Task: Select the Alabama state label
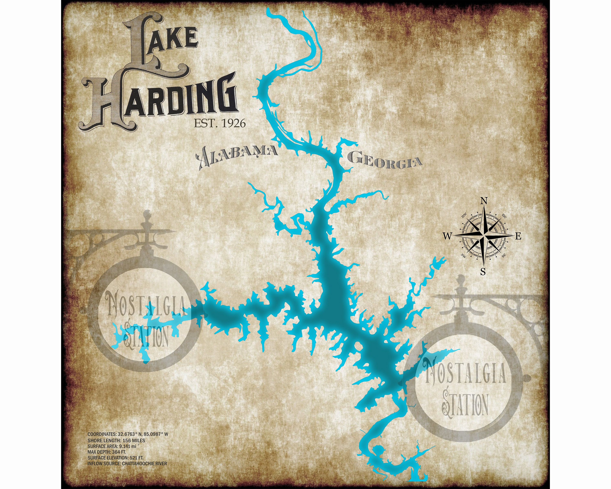[x=237, y=154]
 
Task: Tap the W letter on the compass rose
[x=447, y=236]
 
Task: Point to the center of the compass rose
[x=483, y=236]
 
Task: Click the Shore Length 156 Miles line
[x=116, y=440]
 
